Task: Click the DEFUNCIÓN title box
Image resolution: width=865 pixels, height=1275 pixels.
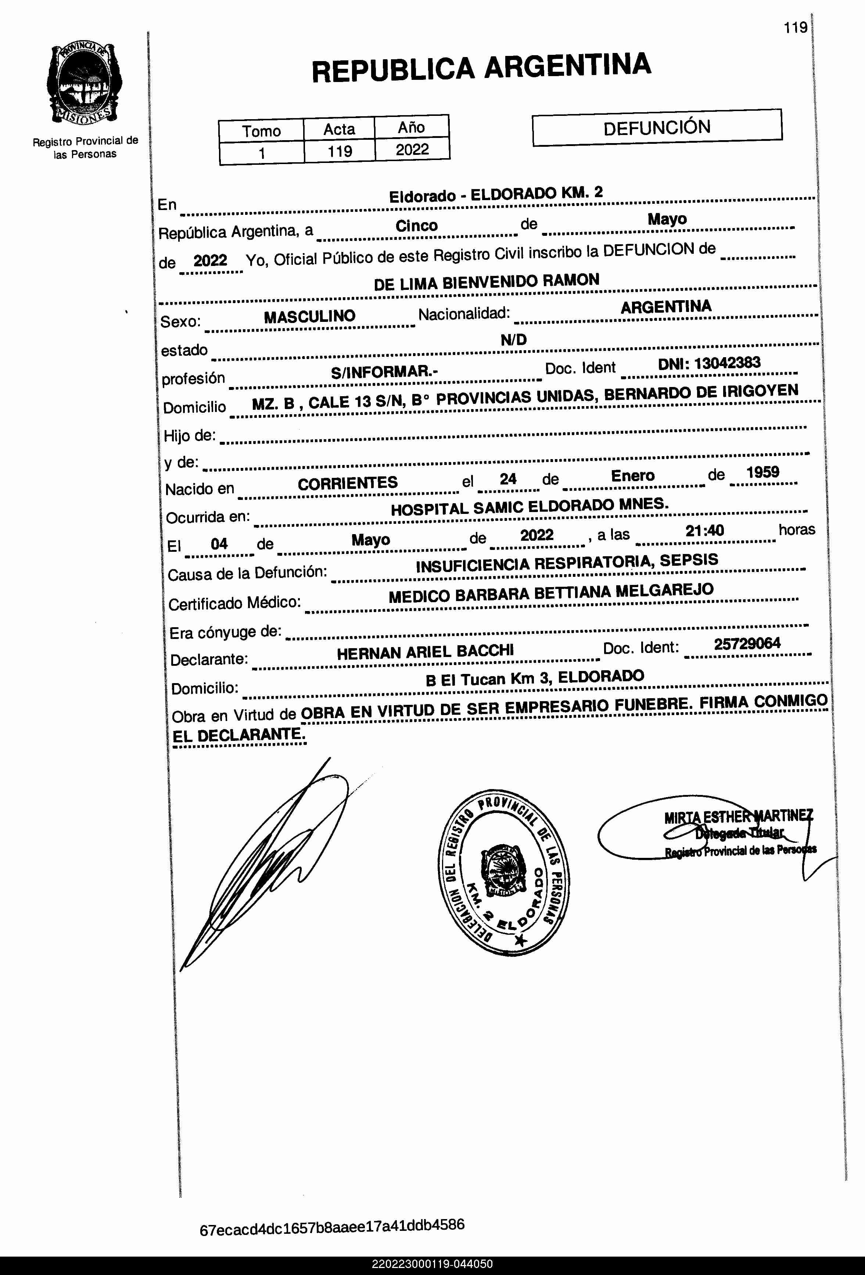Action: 657,127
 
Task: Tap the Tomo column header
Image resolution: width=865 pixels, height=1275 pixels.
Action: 262,131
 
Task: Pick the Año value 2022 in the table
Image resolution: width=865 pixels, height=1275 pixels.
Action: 412,149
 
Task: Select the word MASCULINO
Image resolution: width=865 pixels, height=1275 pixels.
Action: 310,317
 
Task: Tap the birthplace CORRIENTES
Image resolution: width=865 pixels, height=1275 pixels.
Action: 348,483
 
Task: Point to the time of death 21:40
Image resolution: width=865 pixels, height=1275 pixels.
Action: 704,530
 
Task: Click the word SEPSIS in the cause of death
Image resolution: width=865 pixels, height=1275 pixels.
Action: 689,560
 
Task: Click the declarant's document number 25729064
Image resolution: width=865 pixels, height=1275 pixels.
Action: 747,643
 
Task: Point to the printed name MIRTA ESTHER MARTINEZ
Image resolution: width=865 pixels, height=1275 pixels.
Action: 738,817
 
